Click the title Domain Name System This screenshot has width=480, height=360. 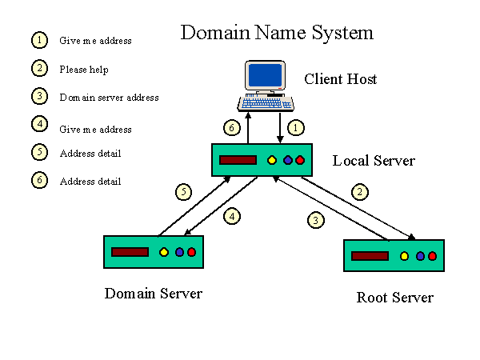[x=276, y=33]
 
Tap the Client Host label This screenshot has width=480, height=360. [x=340, y=79]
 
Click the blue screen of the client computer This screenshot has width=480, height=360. [x=266, y=75]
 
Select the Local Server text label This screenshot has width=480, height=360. [x=374, y=161]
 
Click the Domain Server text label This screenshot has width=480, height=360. [x=153, y=294]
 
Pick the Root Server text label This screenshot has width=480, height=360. [x=394, y=298]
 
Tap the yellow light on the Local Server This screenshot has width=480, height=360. [x=271, y=160]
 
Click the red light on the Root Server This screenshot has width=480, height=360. [x=432, y=256]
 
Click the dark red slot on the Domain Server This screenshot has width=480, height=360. [x=130, y=252]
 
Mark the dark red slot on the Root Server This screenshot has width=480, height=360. [x=370, y=256]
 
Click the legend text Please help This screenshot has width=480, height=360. [x=83, y=70]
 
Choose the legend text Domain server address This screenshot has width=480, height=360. [x=109, y=98]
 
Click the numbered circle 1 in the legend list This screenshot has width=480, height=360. [x=38, y=39]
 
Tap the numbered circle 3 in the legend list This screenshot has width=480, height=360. [x=38, y=96]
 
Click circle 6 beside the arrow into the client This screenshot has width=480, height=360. [x=230, y=128]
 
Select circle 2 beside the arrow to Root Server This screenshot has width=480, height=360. [x=361, y=192]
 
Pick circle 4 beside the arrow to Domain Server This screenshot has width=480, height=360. [x=231, y=216]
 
